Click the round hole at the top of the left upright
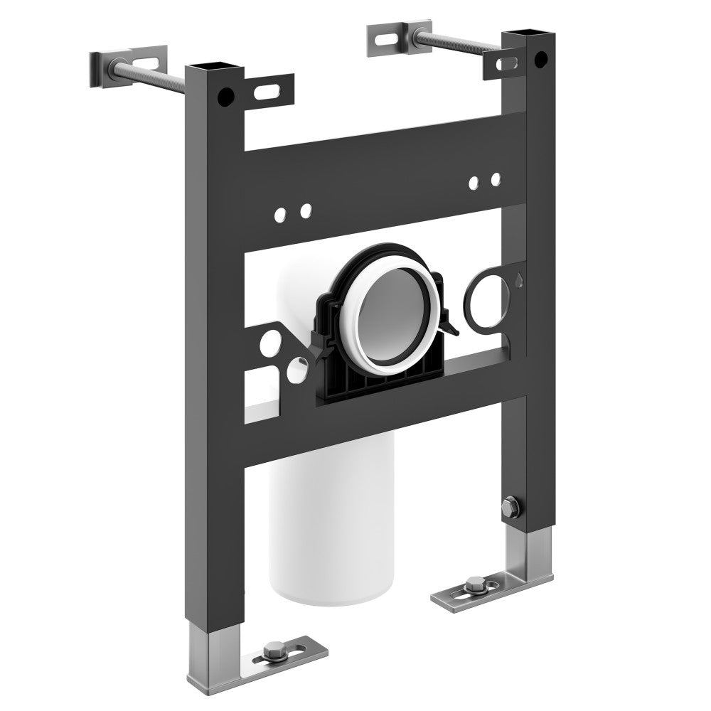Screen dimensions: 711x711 227,92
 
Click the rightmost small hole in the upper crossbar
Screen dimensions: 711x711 496,178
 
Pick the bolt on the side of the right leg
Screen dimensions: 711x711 508,506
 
